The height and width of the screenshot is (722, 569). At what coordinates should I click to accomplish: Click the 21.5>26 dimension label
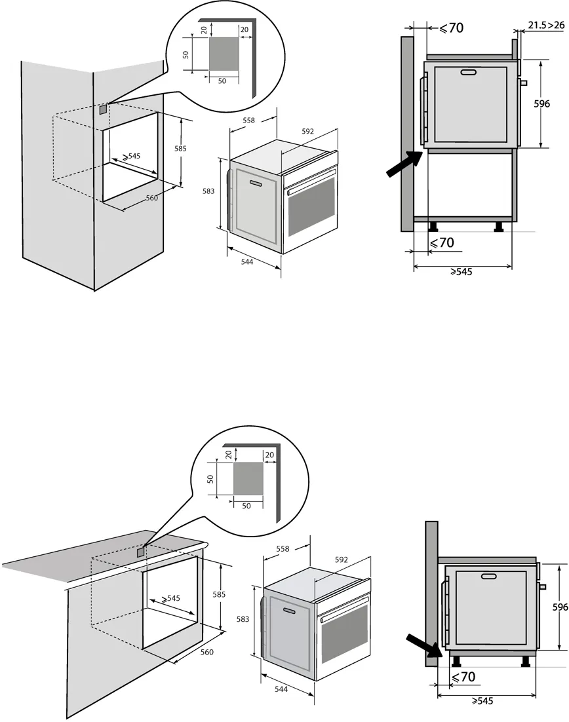[546, 25]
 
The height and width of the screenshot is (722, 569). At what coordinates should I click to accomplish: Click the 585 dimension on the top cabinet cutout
[180, 149]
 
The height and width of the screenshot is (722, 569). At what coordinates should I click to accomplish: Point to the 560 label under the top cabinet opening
[151, 198]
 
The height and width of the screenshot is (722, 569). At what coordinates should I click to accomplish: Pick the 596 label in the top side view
[541, 104]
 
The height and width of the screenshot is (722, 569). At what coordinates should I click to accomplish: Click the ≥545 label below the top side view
[461, 271]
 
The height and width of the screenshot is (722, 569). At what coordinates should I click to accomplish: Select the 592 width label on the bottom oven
[341, 560]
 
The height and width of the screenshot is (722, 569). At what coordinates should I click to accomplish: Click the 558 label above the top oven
[249, 121]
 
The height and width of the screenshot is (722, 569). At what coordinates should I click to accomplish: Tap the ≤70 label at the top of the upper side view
[451, 28]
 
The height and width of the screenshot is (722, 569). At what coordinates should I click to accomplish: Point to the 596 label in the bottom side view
[559, 607]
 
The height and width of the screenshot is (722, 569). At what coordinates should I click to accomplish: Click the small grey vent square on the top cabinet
[103, 110]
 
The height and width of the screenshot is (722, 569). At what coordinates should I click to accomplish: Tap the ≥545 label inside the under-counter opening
[170, 598]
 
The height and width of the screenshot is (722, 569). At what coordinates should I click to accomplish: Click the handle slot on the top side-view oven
[468, 73]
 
